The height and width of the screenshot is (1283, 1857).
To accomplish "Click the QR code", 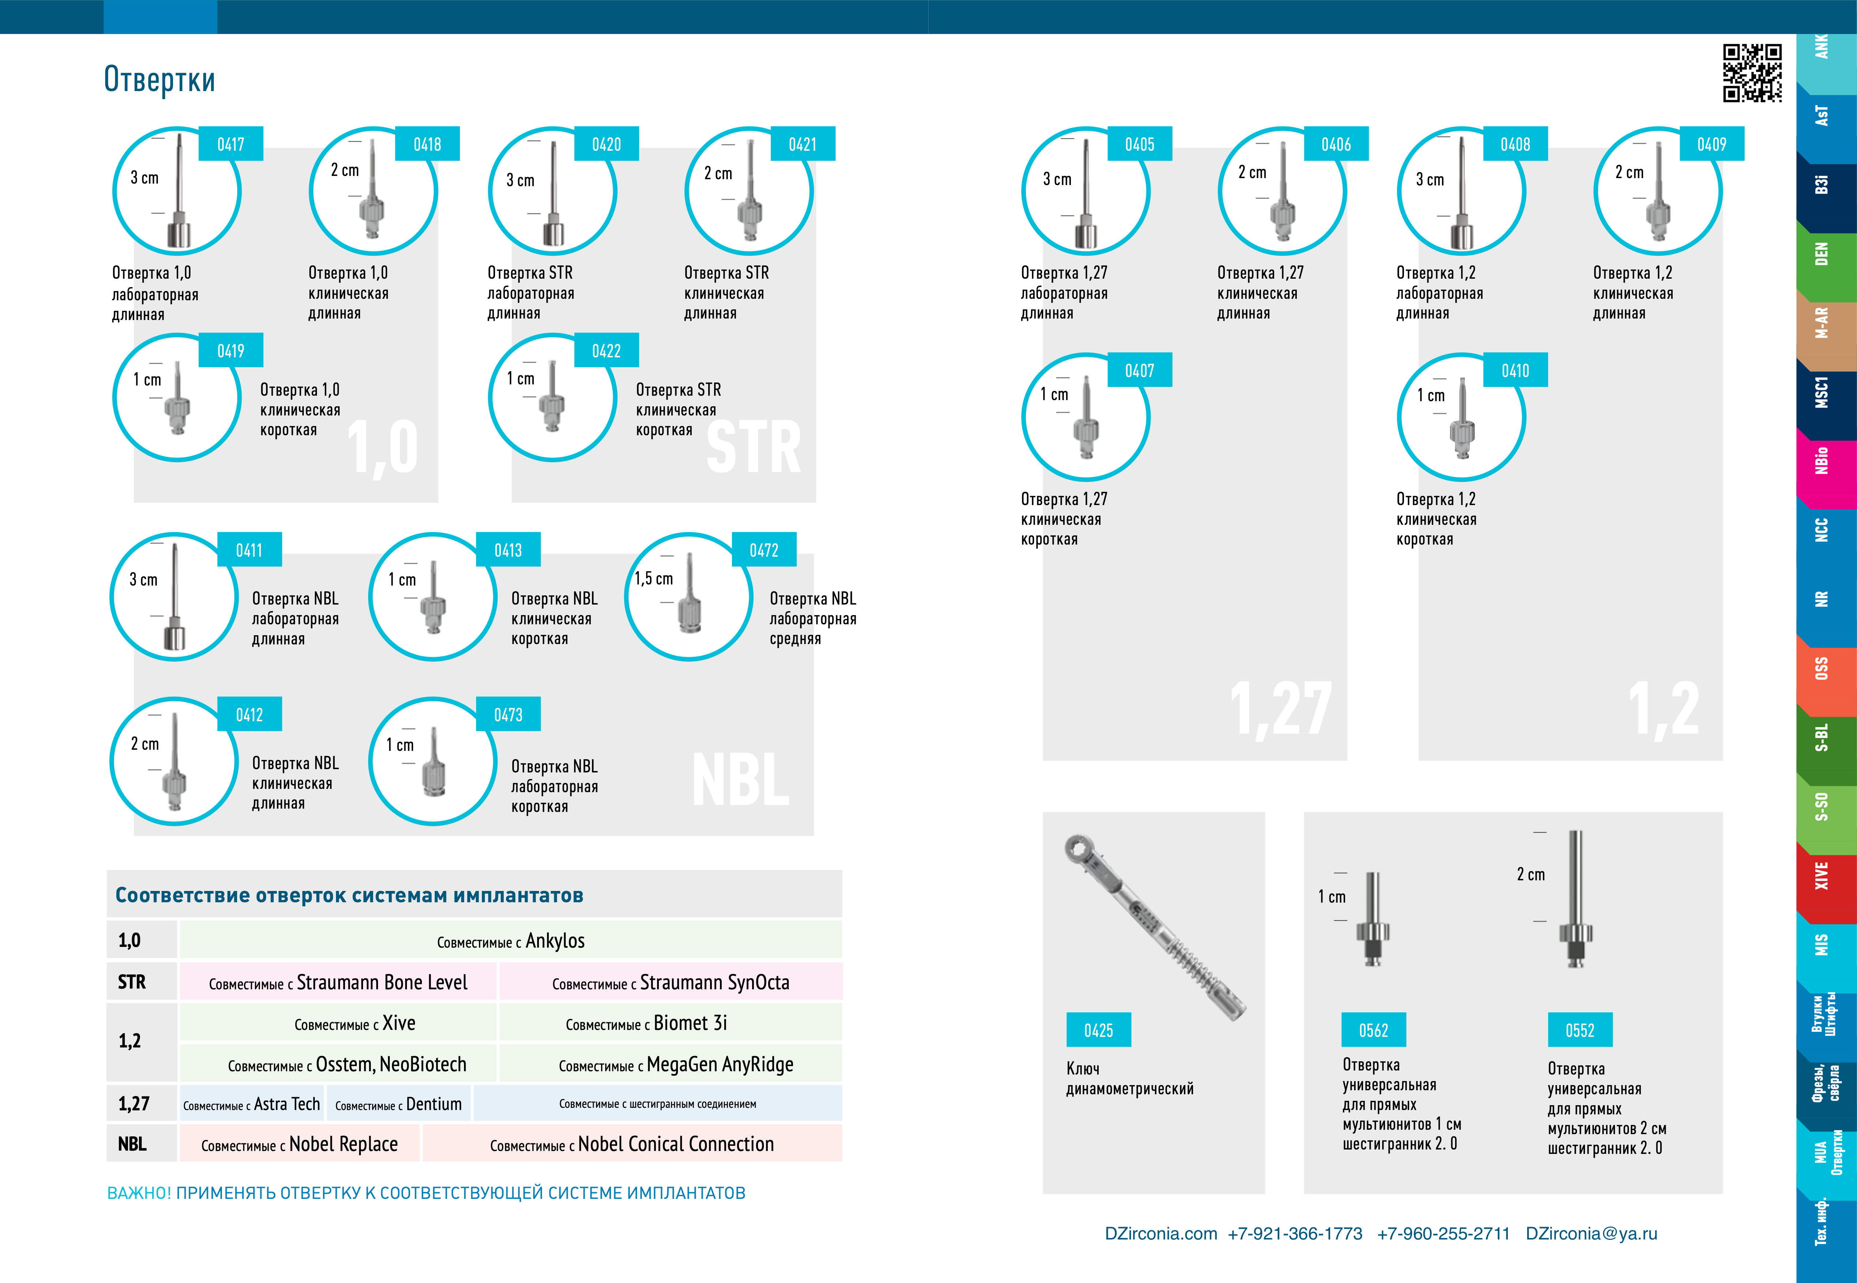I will point(1752,73).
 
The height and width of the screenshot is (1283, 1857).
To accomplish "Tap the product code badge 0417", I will point(231,145).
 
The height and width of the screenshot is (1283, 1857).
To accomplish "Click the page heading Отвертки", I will point(160,80).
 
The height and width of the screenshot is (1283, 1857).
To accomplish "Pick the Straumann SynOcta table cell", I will point(670,982).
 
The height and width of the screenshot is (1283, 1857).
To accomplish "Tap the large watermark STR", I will point(753,448).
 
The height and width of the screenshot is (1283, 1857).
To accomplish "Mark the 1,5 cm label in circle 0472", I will point(653,579).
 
